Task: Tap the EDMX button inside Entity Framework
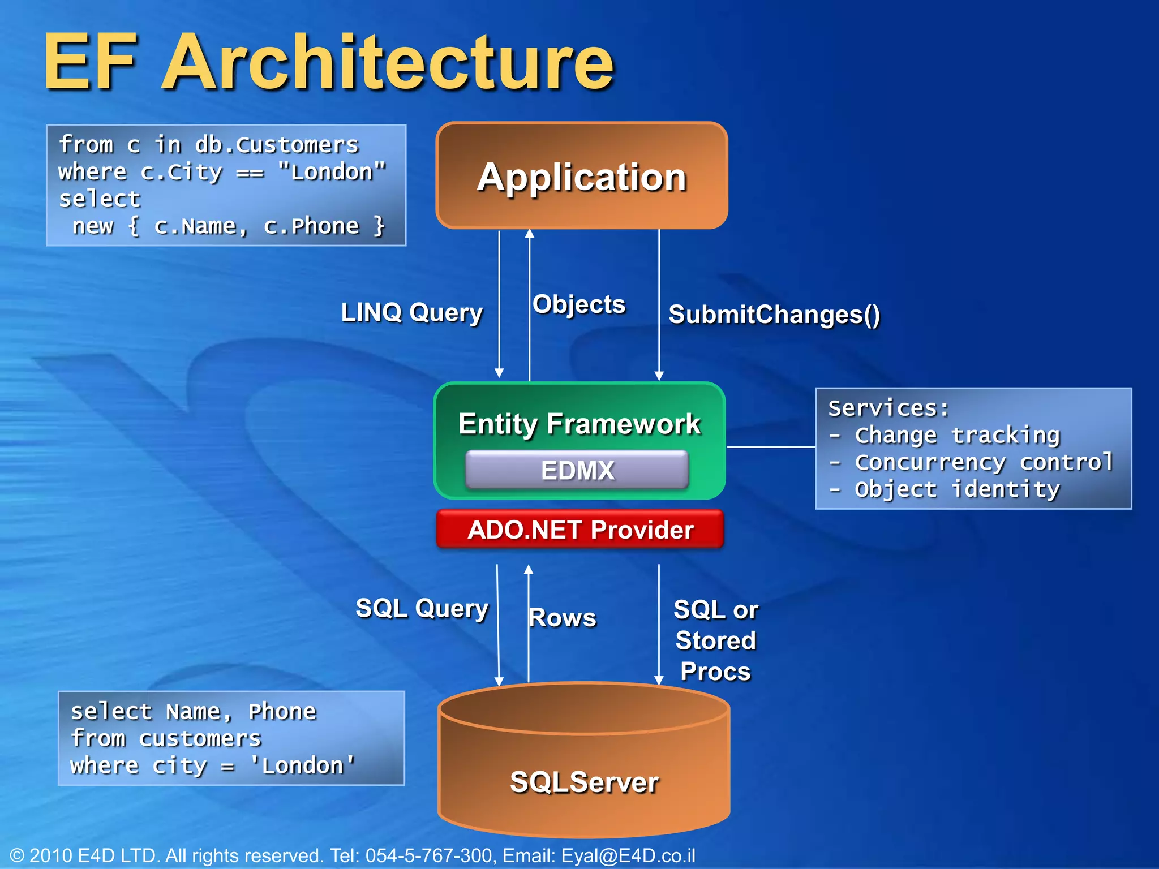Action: [577, 470]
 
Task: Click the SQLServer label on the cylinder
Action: [584, 782]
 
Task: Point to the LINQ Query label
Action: [412, 312]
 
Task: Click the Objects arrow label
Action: [579, 304]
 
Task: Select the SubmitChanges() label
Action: [774, 315]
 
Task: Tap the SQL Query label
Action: [422, 609]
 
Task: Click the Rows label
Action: [562, 618]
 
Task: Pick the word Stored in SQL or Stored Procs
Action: [715, 641]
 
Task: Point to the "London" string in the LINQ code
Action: [332, 172]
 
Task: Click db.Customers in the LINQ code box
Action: [277, 145]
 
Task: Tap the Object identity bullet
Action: [956, 489]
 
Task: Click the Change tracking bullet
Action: [956, 436]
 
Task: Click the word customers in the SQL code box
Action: [200, 739]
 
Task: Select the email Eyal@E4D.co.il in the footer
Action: [628, 855]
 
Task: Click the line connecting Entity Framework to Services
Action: [771, 447]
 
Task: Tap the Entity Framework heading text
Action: [579, 424]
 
